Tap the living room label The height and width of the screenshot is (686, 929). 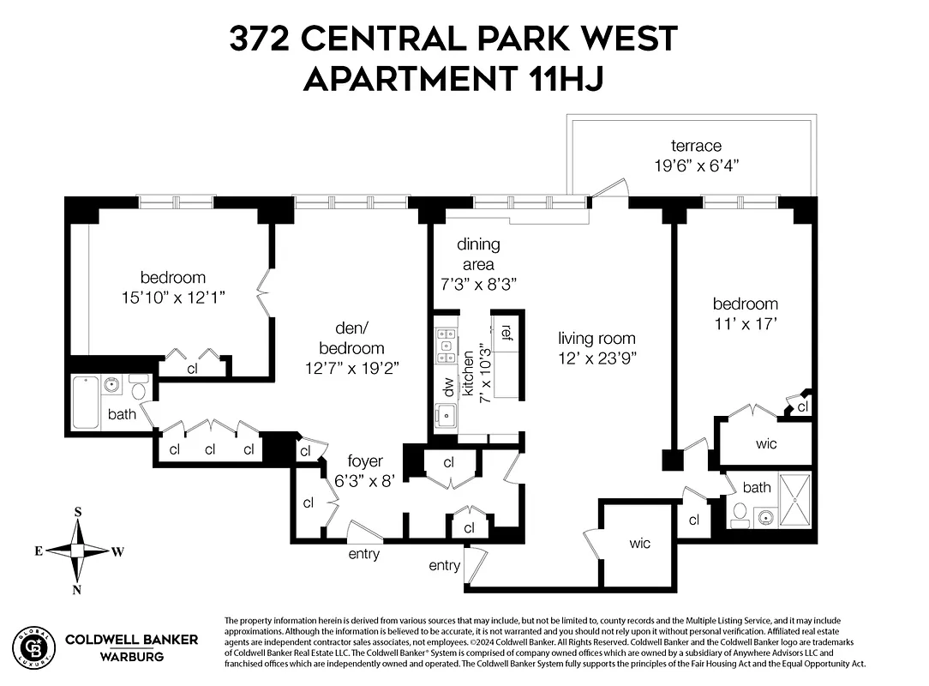(596, 339)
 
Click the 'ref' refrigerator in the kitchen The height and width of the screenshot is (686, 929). (506, 332)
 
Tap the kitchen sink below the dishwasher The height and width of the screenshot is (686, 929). (445, 417)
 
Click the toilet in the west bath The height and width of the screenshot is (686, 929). (739, 514)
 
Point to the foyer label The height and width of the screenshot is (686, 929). (365, 462)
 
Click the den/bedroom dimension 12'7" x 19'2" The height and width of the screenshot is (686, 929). (351, 367)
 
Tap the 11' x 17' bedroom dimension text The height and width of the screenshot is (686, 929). (745, 324)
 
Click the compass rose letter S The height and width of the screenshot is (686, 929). (78, 512)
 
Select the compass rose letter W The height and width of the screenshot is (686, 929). (117, 551)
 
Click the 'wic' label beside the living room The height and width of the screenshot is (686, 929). (639, 543)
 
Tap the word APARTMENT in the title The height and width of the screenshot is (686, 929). (409, 79)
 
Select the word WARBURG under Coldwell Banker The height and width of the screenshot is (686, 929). (132, 656)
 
